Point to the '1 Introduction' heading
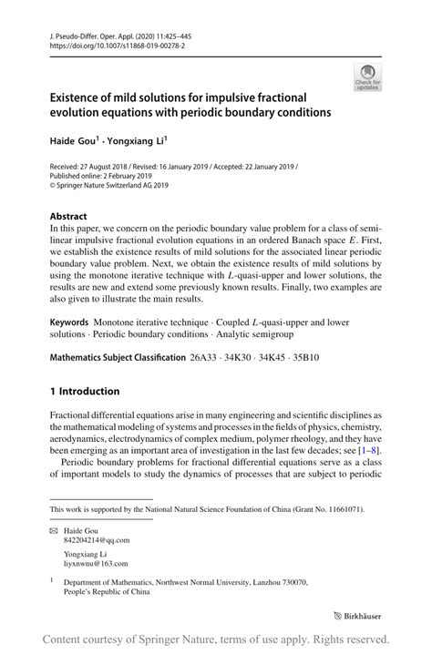pyautogui.click(x=85, y=392)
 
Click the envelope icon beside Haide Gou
pyautogui.click(x=55, y=529)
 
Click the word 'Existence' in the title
pyautogui.click(x=82, y=97)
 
